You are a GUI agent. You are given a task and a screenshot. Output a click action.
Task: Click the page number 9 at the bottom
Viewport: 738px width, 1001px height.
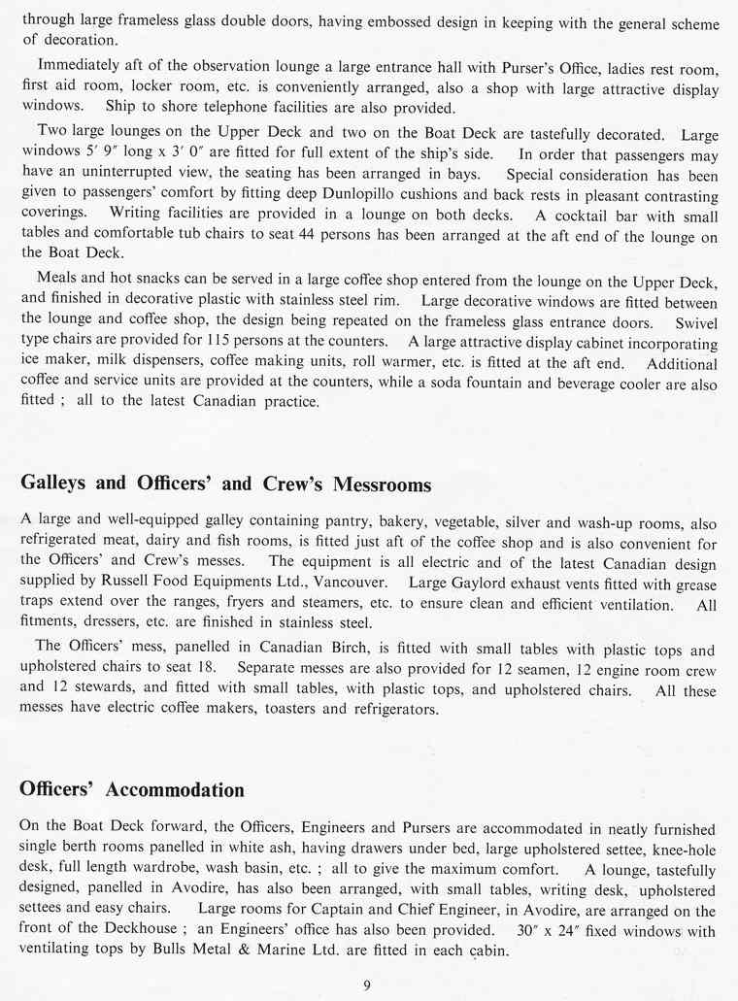point(367,985)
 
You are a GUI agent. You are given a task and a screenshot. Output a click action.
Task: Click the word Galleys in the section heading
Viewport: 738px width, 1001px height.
point(54,484)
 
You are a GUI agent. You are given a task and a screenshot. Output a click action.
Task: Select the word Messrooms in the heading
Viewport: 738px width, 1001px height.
point(375,484)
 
